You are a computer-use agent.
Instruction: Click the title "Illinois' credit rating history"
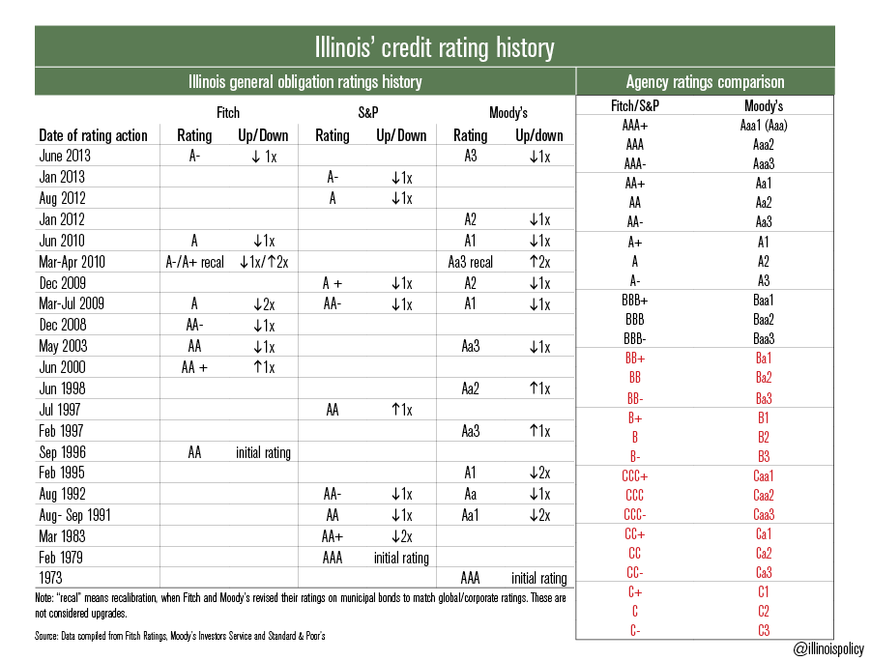coord(434,46)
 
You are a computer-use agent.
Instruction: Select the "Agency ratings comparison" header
coord(705,82)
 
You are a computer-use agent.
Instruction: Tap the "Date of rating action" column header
coord(93,135)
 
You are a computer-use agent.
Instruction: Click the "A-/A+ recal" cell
coord(194,262)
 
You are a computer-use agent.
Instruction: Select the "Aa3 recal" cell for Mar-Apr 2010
coord(471,262)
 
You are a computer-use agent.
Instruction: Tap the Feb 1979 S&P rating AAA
coord(333,558)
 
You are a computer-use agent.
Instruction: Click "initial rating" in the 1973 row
coord(538,579)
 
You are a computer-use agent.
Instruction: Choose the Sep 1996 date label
coord(63,452)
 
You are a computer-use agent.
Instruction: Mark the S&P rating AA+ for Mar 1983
coord(333,536)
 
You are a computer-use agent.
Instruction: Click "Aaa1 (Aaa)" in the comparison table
coord(764,126)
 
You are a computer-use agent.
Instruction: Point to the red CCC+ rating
coord(635,475)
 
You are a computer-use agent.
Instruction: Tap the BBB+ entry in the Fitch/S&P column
coord(635,301)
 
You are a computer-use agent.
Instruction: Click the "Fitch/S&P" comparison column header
coord(635,105)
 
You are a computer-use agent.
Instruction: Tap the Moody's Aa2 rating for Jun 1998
coord(470,388)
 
